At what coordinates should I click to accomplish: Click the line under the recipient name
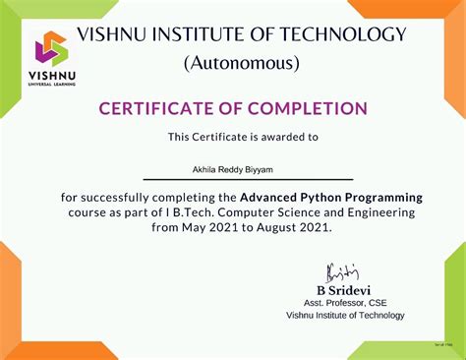tap(248, 179)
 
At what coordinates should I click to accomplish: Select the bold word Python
tap(316, 198)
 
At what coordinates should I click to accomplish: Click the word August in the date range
tap(276, 227)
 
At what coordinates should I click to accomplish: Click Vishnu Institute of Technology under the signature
tap(345, 316)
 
